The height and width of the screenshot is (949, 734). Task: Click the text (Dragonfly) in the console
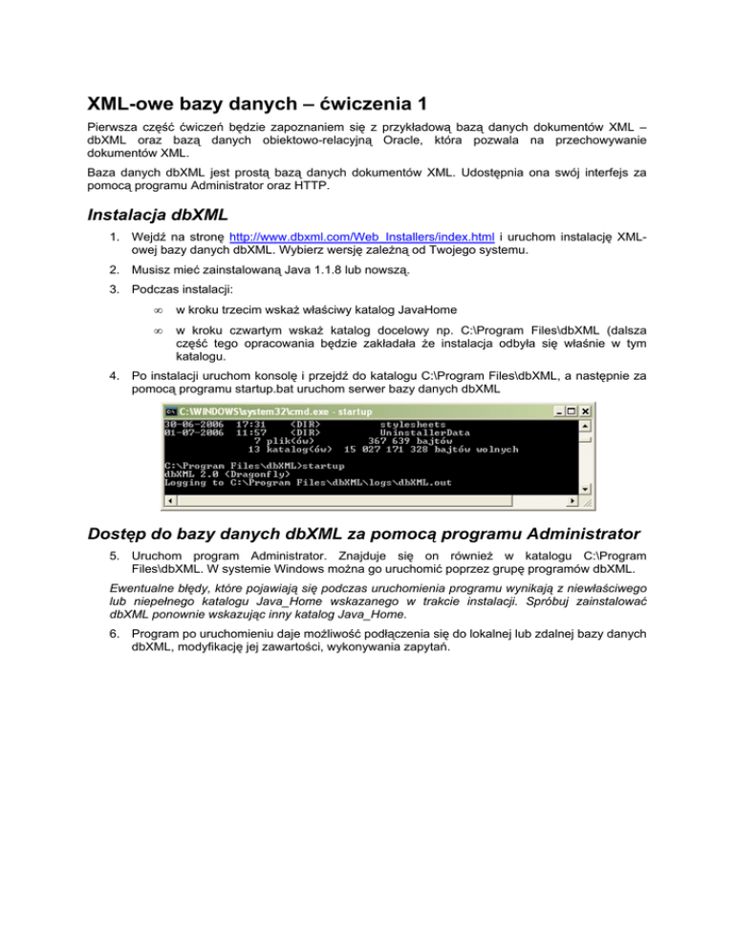point(242,474)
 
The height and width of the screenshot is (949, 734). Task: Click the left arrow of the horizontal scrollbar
point(168,499)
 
